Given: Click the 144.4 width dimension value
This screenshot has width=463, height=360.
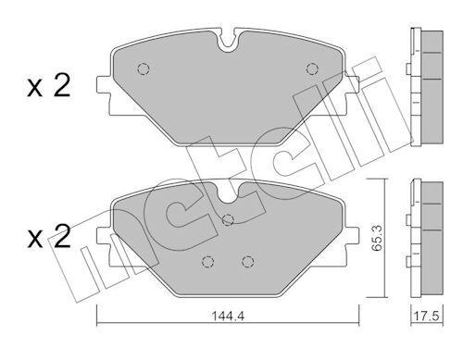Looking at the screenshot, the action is (x=228, y=317).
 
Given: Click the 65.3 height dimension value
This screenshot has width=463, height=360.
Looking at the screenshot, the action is (x=377, y=239).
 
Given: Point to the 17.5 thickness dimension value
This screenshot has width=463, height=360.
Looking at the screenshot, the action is (x=426, y=317).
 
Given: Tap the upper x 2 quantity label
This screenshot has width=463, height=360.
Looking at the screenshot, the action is (x=49, y=87).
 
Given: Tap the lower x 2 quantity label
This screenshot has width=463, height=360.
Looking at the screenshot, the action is (x=49, y=237).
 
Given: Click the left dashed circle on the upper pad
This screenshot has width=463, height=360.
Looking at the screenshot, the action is (x=143, y=68).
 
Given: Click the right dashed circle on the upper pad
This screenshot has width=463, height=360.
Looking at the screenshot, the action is (x=312, y=68).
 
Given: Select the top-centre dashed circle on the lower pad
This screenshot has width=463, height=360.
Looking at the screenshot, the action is (x=228, y=219).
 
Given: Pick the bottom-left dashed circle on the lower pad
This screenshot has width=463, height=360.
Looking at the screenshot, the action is (x=207, y=262).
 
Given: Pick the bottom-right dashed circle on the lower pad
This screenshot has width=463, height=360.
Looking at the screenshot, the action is (x=247, y=262).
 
